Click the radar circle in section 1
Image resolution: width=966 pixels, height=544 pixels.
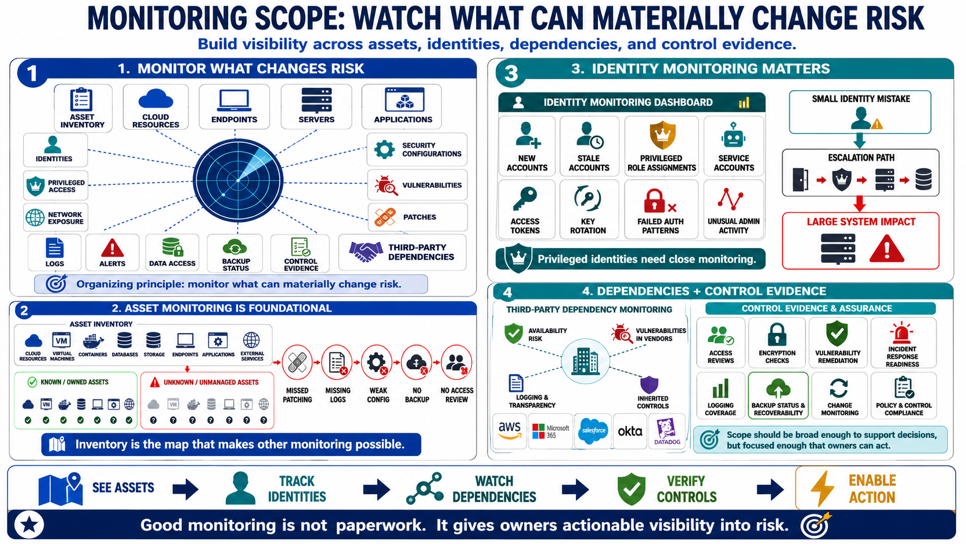[x=237, y=180]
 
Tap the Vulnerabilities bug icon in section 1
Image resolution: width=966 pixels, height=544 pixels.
[x=385, y=186]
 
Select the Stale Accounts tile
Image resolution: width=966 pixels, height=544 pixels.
[x=589, y=146]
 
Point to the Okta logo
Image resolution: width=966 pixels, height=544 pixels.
[x=630, y=431]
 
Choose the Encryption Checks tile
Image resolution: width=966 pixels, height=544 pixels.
[x=776, y=343]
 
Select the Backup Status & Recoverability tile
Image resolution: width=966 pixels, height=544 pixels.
[x=778, y=395]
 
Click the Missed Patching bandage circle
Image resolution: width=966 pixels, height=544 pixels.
[x=297, y=363]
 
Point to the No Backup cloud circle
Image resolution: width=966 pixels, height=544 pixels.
[x=416, y=363]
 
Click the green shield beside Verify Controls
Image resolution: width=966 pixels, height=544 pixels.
[x=631, y=489]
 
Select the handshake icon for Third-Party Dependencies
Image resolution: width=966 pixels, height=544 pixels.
[x=366, y=251]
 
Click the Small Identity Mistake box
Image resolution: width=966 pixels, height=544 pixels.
[x=860, y=112]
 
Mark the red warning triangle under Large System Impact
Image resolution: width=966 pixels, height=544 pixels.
[x=886, y=249]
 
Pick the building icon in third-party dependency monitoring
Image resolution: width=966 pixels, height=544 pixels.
[x=585, y=361]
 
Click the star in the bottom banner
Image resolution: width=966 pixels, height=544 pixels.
[x=29, y=525]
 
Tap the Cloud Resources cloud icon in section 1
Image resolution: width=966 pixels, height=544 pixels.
[x=155, y=99]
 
